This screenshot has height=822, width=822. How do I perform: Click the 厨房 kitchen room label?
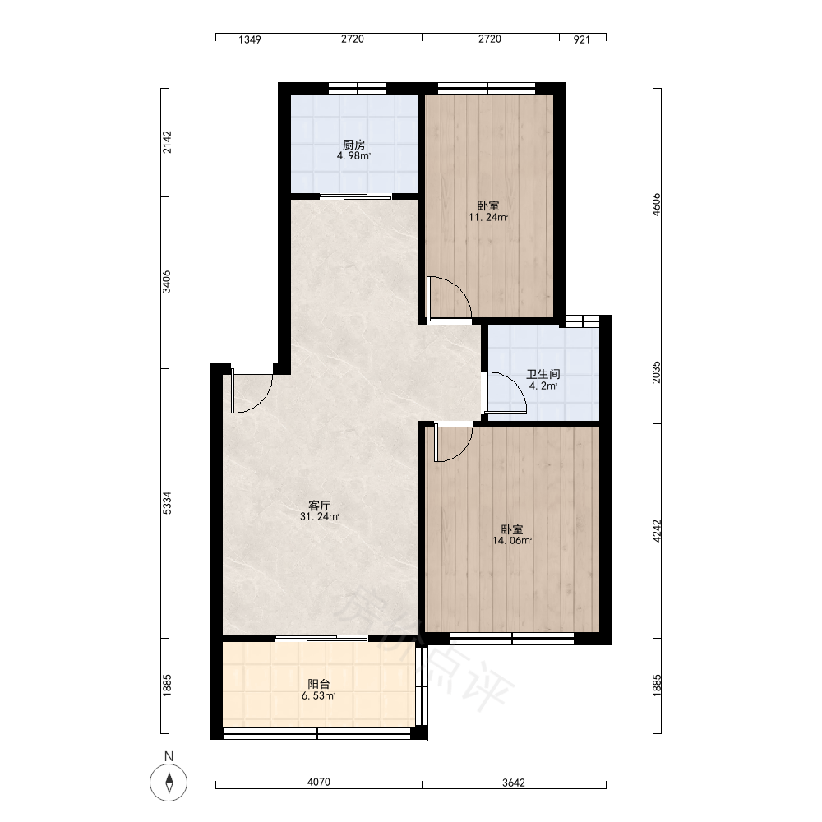353,145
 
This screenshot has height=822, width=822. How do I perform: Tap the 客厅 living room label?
319,506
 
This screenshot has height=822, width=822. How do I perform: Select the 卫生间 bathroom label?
543,374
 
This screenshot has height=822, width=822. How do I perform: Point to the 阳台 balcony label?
319,684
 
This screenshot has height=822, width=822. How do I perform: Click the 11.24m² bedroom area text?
488,218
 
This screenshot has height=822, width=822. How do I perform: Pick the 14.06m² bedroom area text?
512,541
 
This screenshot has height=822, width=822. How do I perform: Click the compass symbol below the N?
169,783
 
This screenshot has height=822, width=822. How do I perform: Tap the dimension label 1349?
250,39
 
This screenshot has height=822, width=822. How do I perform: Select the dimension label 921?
582,39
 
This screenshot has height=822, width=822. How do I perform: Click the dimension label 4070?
319,783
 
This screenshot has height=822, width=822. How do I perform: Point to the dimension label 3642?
514,783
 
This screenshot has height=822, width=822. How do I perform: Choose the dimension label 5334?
167,503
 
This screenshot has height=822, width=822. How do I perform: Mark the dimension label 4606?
657,205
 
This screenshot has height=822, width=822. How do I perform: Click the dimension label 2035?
657,372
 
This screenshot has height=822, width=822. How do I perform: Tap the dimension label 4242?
657,531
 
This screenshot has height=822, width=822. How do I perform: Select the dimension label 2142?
167,142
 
